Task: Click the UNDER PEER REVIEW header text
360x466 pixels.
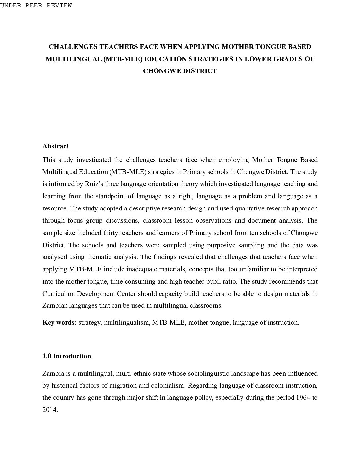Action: click(36, 5)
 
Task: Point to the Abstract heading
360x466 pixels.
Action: click(55, 146)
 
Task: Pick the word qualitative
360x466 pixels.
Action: click(252, 208)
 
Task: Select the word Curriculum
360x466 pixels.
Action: click(58, 294)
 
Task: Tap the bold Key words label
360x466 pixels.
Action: click(58, 322)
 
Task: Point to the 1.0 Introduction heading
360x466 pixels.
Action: click(67, 356)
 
